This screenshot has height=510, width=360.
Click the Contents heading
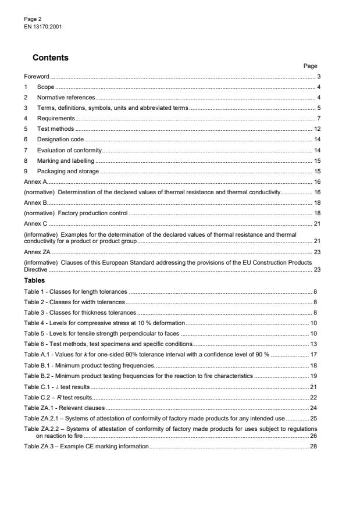tap(50, 58)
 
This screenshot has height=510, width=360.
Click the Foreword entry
tap(37, 77)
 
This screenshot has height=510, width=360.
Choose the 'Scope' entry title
tap(46, 87)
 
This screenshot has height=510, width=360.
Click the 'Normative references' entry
tap(66, 97)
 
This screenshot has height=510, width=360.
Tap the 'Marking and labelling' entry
tap(65, 161)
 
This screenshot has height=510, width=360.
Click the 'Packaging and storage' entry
tap(68, 171)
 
